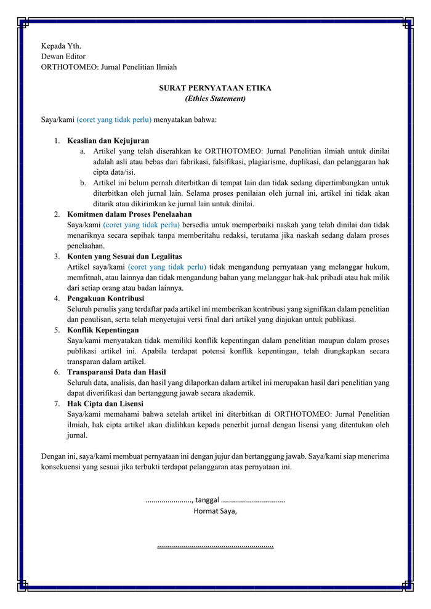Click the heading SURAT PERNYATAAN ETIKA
(x=215, y=88)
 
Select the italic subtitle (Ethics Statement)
(x=215, y=99)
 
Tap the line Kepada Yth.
(x=61, y=46)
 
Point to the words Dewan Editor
(x=63, y=57)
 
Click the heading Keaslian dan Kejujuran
(x=108, y=141)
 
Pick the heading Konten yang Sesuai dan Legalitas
(x=124, y=256)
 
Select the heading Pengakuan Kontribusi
(x=105, y=299)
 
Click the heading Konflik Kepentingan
(x=103, y=330)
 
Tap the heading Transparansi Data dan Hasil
(x=116, y=372)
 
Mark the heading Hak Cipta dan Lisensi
(x=105, y=404)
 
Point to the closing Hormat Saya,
(x=215, y=511)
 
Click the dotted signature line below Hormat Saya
(x=215, y=546)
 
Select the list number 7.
(x=56, y=404)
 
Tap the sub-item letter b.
(x=83, y=183)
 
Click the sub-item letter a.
(x=83, y=151)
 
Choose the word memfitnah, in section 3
(x=84, y=277)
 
